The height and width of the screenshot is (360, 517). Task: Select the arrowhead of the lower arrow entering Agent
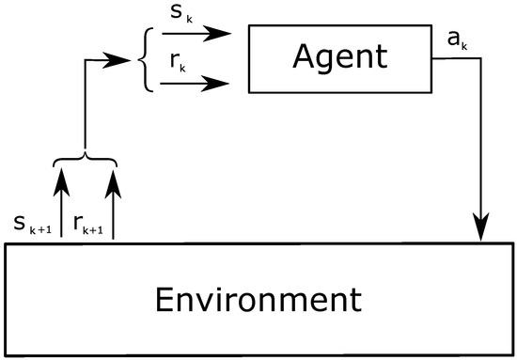click(220, 85)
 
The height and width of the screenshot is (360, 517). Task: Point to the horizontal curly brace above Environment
click(87, 163)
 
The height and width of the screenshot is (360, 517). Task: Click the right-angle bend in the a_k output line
click(482, 58)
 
